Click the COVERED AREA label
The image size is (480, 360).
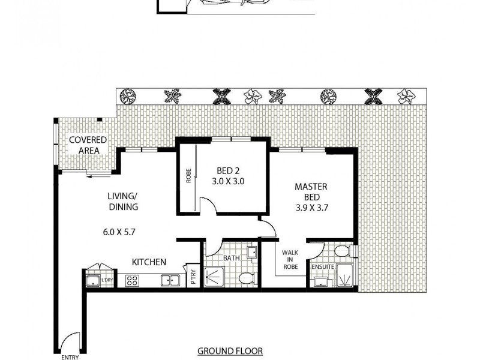coord(88,145)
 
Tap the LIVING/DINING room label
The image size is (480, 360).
coord(123,202)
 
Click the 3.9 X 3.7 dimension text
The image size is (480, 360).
coord(311,209)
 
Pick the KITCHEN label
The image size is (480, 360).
coord(149,262)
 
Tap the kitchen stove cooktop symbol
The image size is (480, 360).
coord(132,279)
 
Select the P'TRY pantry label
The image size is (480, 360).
coord(193,277)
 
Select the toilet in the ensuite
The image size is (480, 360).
coord(343,251)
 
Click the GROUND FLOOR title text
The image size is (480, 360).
coord(230,351)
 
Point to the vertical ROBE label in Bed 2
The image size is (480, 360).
coord(188,179)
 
